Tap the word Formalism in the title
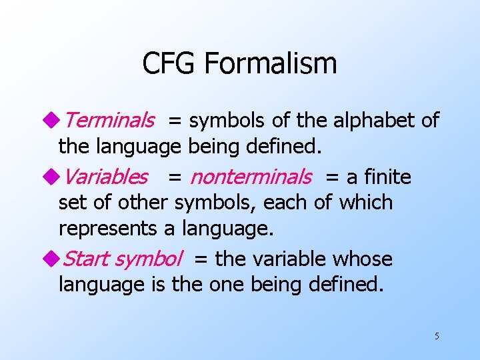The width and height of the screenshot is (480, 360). pos(270,64)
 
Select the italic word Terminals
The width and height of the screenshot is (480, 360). pos(109,121)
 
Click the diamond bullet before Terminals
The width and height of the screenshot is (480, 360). pos(53,121)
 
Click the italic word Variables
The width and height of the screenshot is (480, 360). pos(106,177)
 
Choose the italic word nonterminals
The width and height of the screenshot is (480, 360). pos(251,177)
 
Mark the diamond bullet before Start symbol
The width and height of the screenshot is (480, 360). pos(53,259)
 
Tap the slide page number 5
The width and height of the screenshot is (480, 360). pos(437,336)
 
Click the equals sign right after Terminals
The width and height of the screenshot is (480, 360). pos(174,121)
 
